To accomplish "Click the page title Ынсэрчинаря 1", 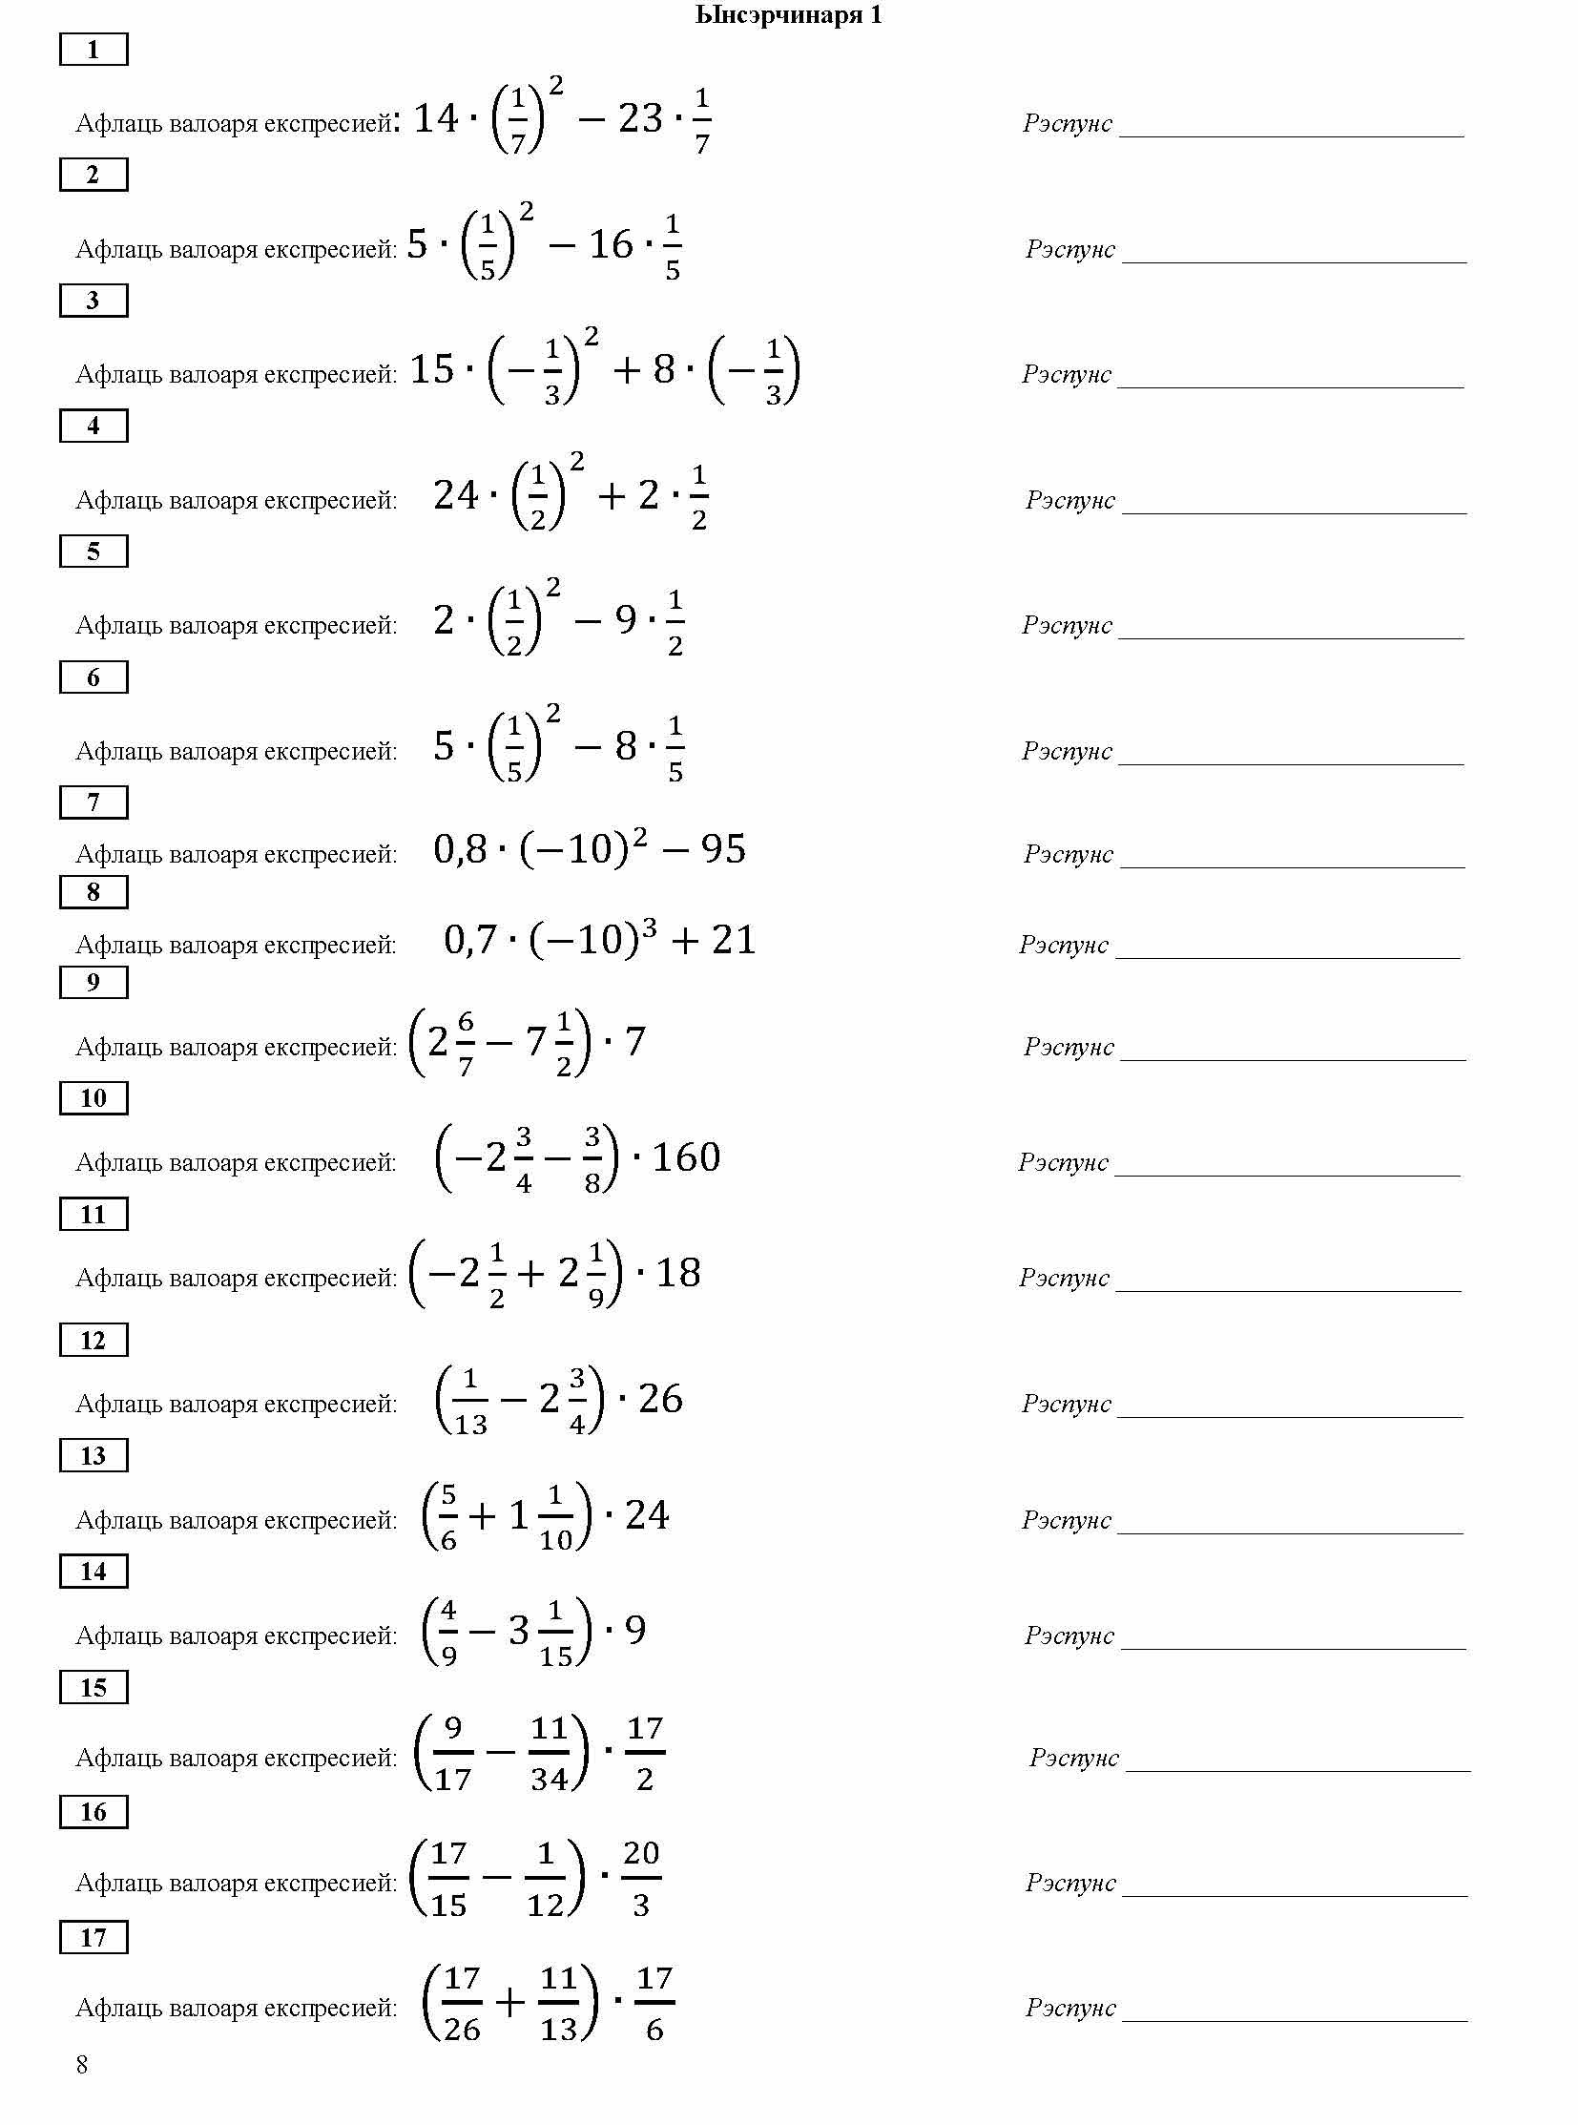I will pos(788,15).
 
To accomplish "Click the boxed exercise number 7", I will pos(93,802).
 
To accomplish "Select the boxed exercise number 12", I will pos(93,1341).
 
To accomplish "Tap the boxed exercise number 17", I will pos(93,1938).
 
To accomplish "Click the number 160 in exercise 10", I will pos(686,1157).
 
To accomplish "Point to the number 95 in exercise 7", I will pos(723,849).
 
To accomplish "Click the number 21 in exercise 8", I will pos(734,940).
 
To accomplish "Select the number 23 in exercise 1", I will pos(640,118).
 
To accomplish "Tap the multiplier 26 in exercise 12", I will pos(660,1399).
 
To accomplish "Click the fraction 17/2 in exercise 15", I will pos(645,1753).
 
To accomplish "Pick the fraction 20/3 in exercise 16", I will pos(641,1879).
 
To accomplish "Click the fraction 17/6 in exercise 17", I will pos(654,2004).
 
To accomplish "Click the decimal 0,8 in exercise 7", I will pos(460,849).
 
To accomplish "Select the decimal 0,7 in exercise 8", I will pos(470,940).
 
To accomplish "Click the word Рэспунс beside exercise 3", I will pos(1066,374).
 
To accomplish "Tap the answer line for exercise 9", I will pos(1293,1057).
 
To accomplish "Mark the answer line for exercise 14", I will pos(1293,1646).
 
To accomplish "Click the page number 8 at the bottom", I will pos(82,2066).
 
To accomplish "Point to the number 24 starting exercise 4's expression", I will pos(456,495).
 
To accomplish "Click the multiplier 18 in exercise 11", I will pos(678,1273).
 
